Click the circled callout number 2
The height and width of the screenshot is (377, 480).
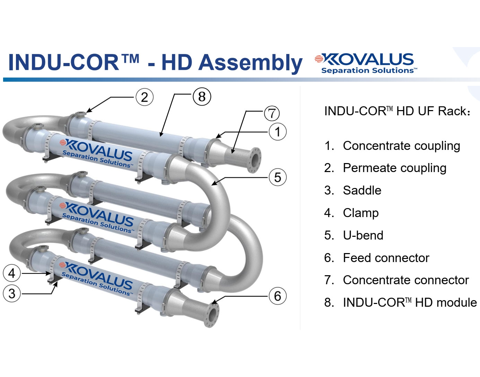[x=145, y=97]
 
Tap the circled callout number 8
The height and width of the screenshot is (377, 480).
[x=202, y=96]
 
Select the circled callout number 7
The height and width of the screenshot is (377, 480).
[x=272, y=113]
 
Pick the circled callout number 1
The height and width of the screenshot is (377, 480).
[x=278, y=132]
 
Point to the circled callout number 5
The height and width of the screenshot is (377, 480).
[x=278, y=177]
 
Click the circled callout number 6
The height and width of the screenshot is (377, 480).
[x=278, y=296]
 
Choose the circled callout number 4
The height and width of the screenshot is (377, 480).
[x=12, y=273]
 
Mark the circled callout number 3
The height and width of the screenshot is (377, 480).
[x=12, y=294]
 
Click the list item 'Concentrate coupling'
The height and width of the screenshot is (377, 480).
[x=401, y=146]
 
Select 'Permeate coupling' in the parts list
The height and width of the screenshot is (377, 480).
[x=394, y=168]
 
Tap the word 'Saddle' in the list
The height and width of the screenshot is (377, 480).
[x=362, y=190]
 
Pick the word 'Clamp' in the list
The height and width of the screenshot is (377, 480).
[x=360, y=213]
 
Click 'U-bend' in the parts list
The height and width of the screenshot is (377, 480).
[x=363, y=235]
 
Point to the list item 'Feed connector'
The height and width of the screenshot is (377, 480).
[x=386, y=258]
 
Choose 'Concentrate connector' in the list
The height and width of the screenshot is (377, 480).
[x=405, y=280]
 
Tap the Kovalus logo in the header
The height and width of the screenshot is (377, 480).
[x=366, y=63]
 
